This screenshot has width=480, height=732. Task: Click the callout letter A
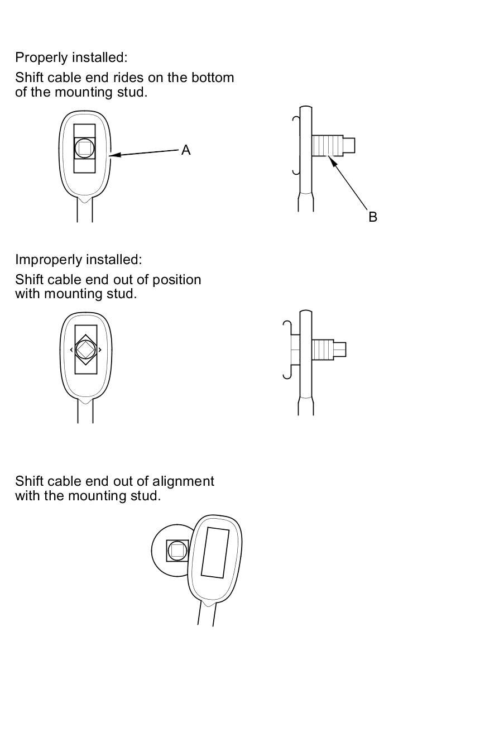click(186, 150)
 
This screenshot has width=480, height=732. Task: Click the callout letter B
click(373, 217)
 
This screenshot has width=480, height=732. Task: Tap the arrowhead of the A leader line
click(113, 155)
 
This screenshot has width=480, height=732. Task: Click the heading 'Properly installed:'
click(71, 58)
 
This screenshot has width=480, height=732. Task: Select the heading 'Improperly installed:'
click(79, 260)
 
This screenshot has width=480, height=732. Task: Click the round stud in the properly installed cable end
click(84, 148)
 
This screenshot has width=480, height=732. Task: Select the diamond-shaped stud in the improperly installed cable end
click(85, 350)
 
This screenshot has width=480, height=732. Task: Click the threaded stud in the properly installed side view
click(327, 146)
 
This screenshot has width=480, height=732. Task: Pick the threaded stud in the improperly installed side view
click(323, 350)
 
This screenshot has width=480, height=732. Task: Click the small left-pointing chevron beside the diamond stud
click(71, 350)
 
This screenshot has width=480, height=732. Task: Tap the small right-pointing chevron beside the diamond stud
click(100, 350)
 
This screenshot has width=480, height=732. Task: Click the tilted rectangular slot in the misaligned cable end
click(215, 552)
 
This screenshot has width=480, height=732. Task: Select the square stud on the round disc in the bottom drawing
click(177, 551)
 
